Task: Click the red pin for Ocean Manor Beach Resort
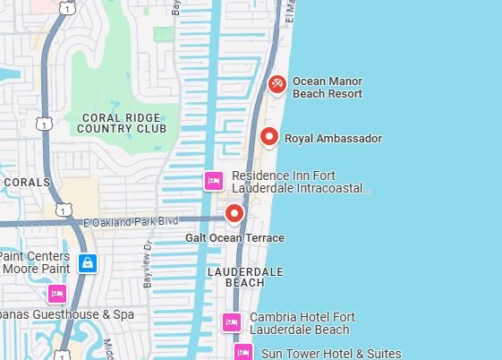pos(277,84)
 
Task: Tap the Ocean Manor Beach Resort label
pos(328,87)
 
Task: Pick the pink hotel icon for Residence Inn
pos(214,181)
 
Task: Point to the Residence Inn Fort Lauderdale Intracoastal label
pos(301,182)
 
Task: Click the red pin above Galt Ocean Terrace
pos(234,213)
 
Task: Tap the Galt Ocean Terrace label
pos(234,238)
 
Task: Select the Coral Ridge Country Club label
pos(123,123)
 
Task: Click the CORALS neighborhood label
pos(20,182)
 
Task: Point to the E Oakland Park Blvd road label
pos(131,221)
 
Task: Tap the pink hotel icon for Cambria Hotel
pos(232,322)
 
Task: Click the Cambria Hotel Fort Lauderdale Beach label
pos(299,323)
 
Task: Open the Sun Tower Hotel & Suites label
pos(325,354)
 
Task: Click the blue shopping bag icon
pos(87,262)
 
